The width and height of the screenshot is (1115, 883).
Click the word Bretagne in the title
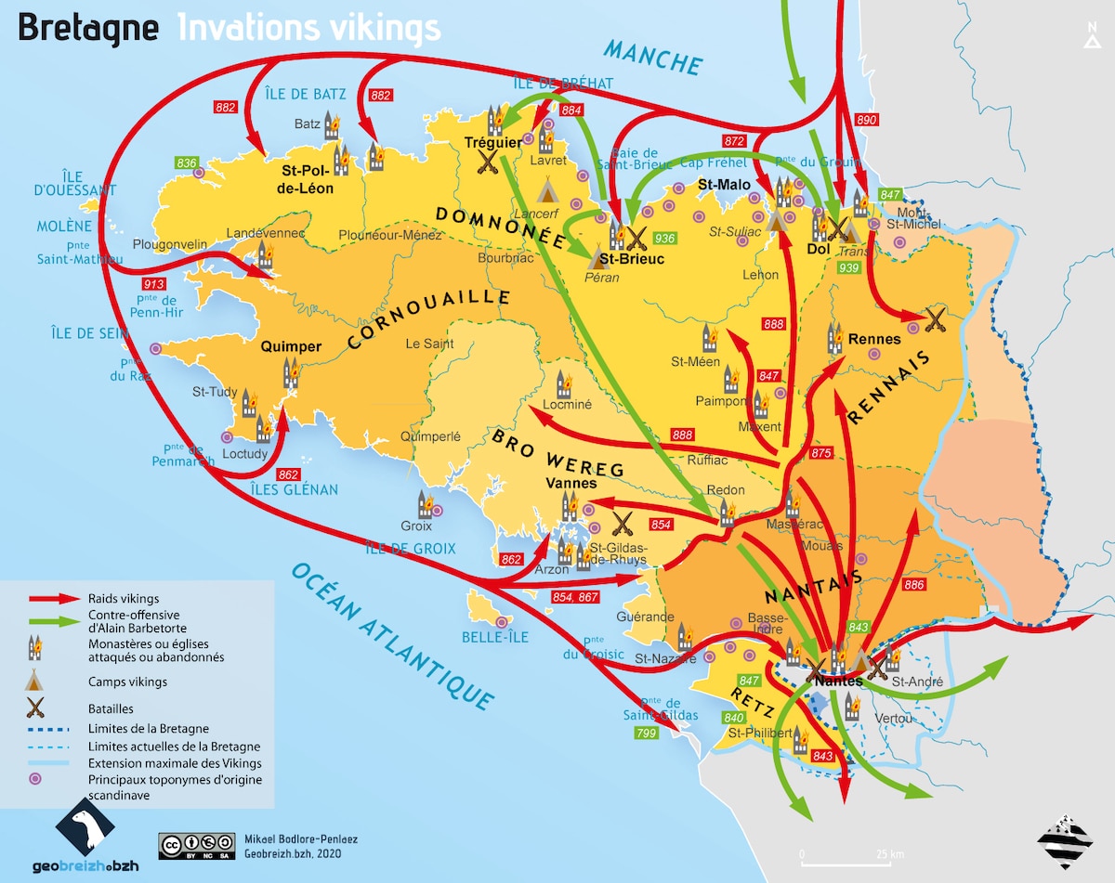coord(88,27)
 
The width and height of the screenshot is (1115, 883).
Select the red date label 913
coord(152,283)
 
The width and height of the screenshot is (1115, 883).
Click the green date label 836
coord(187,163)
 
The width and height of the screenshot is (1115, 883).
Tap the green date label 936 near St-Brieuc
coord(664,238)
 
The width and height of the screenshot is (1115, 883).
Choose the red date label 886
coord(913,585)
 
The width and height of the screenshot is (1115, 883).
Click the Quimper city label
coord(292,347)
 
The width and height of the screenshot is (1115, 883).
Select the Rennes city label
coord(874,339)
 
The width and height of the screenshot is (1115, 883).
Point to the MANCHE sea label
coord(652,57)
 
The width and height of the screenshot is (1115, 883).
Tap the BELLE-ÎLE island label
coord(494,637)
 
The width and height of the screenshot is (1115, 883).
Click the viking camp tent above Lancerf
coord(548,192)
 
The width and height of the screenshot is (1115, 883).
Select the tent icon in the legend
coord(36,680)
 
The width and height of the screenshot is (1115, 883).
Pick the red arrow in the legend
coord(55,599)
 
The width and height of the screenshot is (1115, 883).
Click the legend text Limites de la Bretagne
coord(148,729)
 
